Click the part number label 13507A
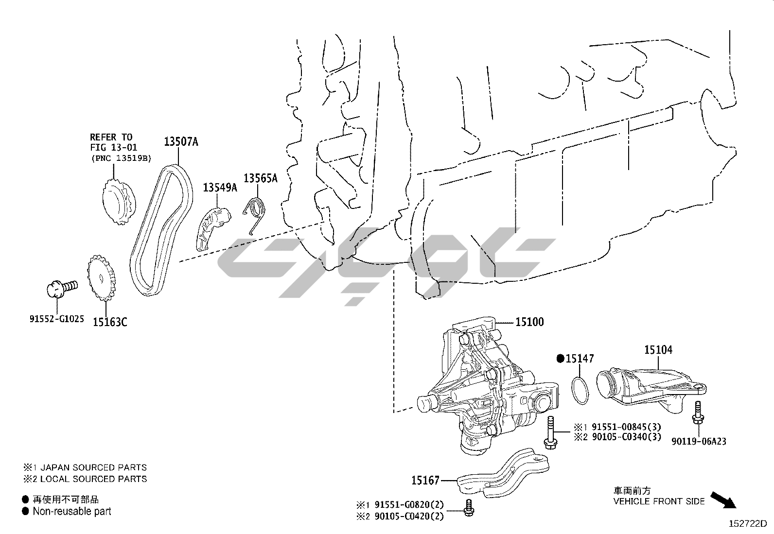point(181,142)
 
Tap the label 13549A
point(220,187)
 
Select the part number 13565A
point(260,178)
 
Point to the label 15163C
point(110,322)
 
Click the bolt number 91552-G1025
point(56,319)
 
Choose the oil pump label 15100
point(529,322)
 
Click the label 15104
point(658,349)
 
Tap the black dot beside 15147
point(560,359)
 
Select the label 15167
point(425,481)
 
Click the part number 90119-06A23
point(699,441)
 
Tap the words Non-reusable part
point(72,511)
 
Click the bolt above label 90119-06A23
point(698,413)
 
